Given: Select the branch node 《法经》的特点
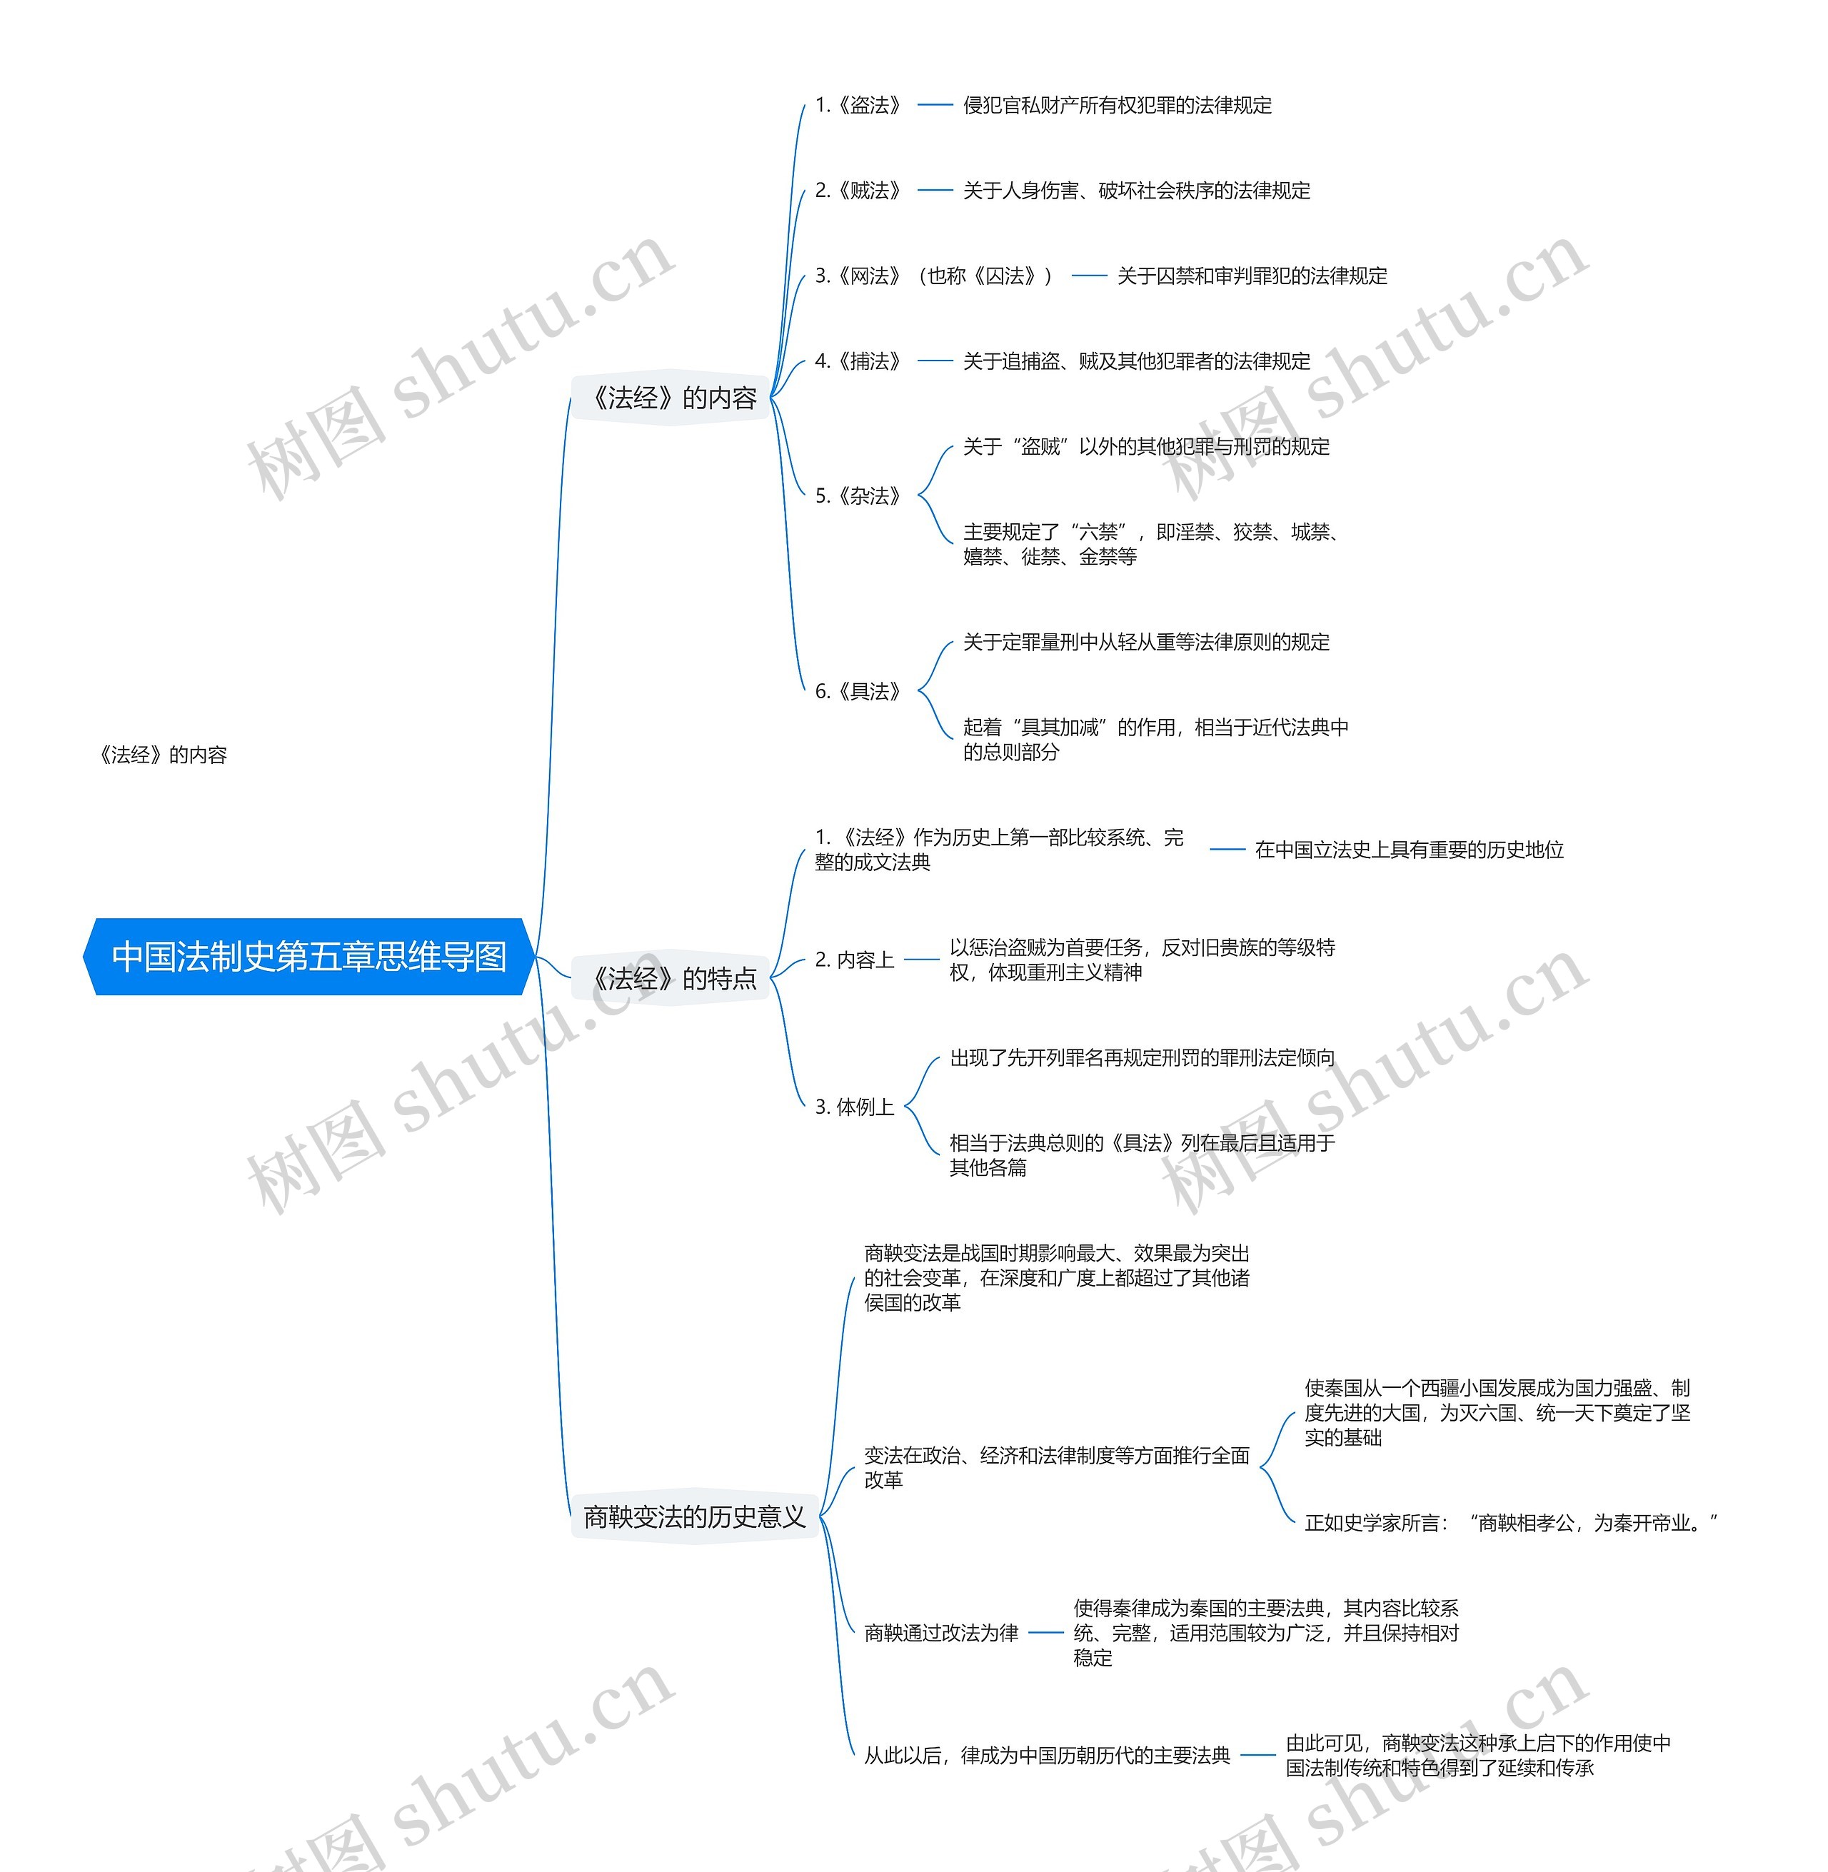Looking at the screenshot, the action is click(x=673, y=978).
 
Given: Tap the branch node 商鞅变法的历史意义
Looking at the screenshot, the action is click(x=694, y=1516).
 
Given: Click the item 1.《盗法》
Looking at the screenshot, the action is click(x=858, y=105).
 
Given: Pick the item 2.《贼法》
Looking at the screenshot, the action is click(x=858, y=190).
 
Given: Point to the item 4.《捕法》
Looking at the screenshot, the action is click(x=858, y=361).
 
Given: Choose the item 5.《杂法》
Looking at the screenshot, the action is click(x=858, y=495).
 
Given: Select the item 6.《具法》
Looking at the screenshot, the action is click(x=858, y=691).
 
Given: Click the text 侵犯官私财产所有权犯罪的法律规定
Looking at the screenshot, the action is click(x=1117, y=105).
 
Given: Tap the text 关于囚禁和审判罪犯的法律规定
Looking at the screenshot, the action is click(x=1252, y=276).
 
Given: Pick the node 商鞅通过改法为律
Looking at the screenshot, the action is click(x=941, y=1633).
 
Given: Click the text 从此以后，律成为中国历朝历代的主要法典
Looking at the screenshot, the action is click(x=1047, y=1756).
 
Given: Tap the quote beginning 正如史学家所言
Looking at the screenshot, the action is click(x=1510, y=1523).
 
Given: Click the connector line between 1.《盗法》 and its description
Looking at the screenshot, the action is click(x=934, y=105).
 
